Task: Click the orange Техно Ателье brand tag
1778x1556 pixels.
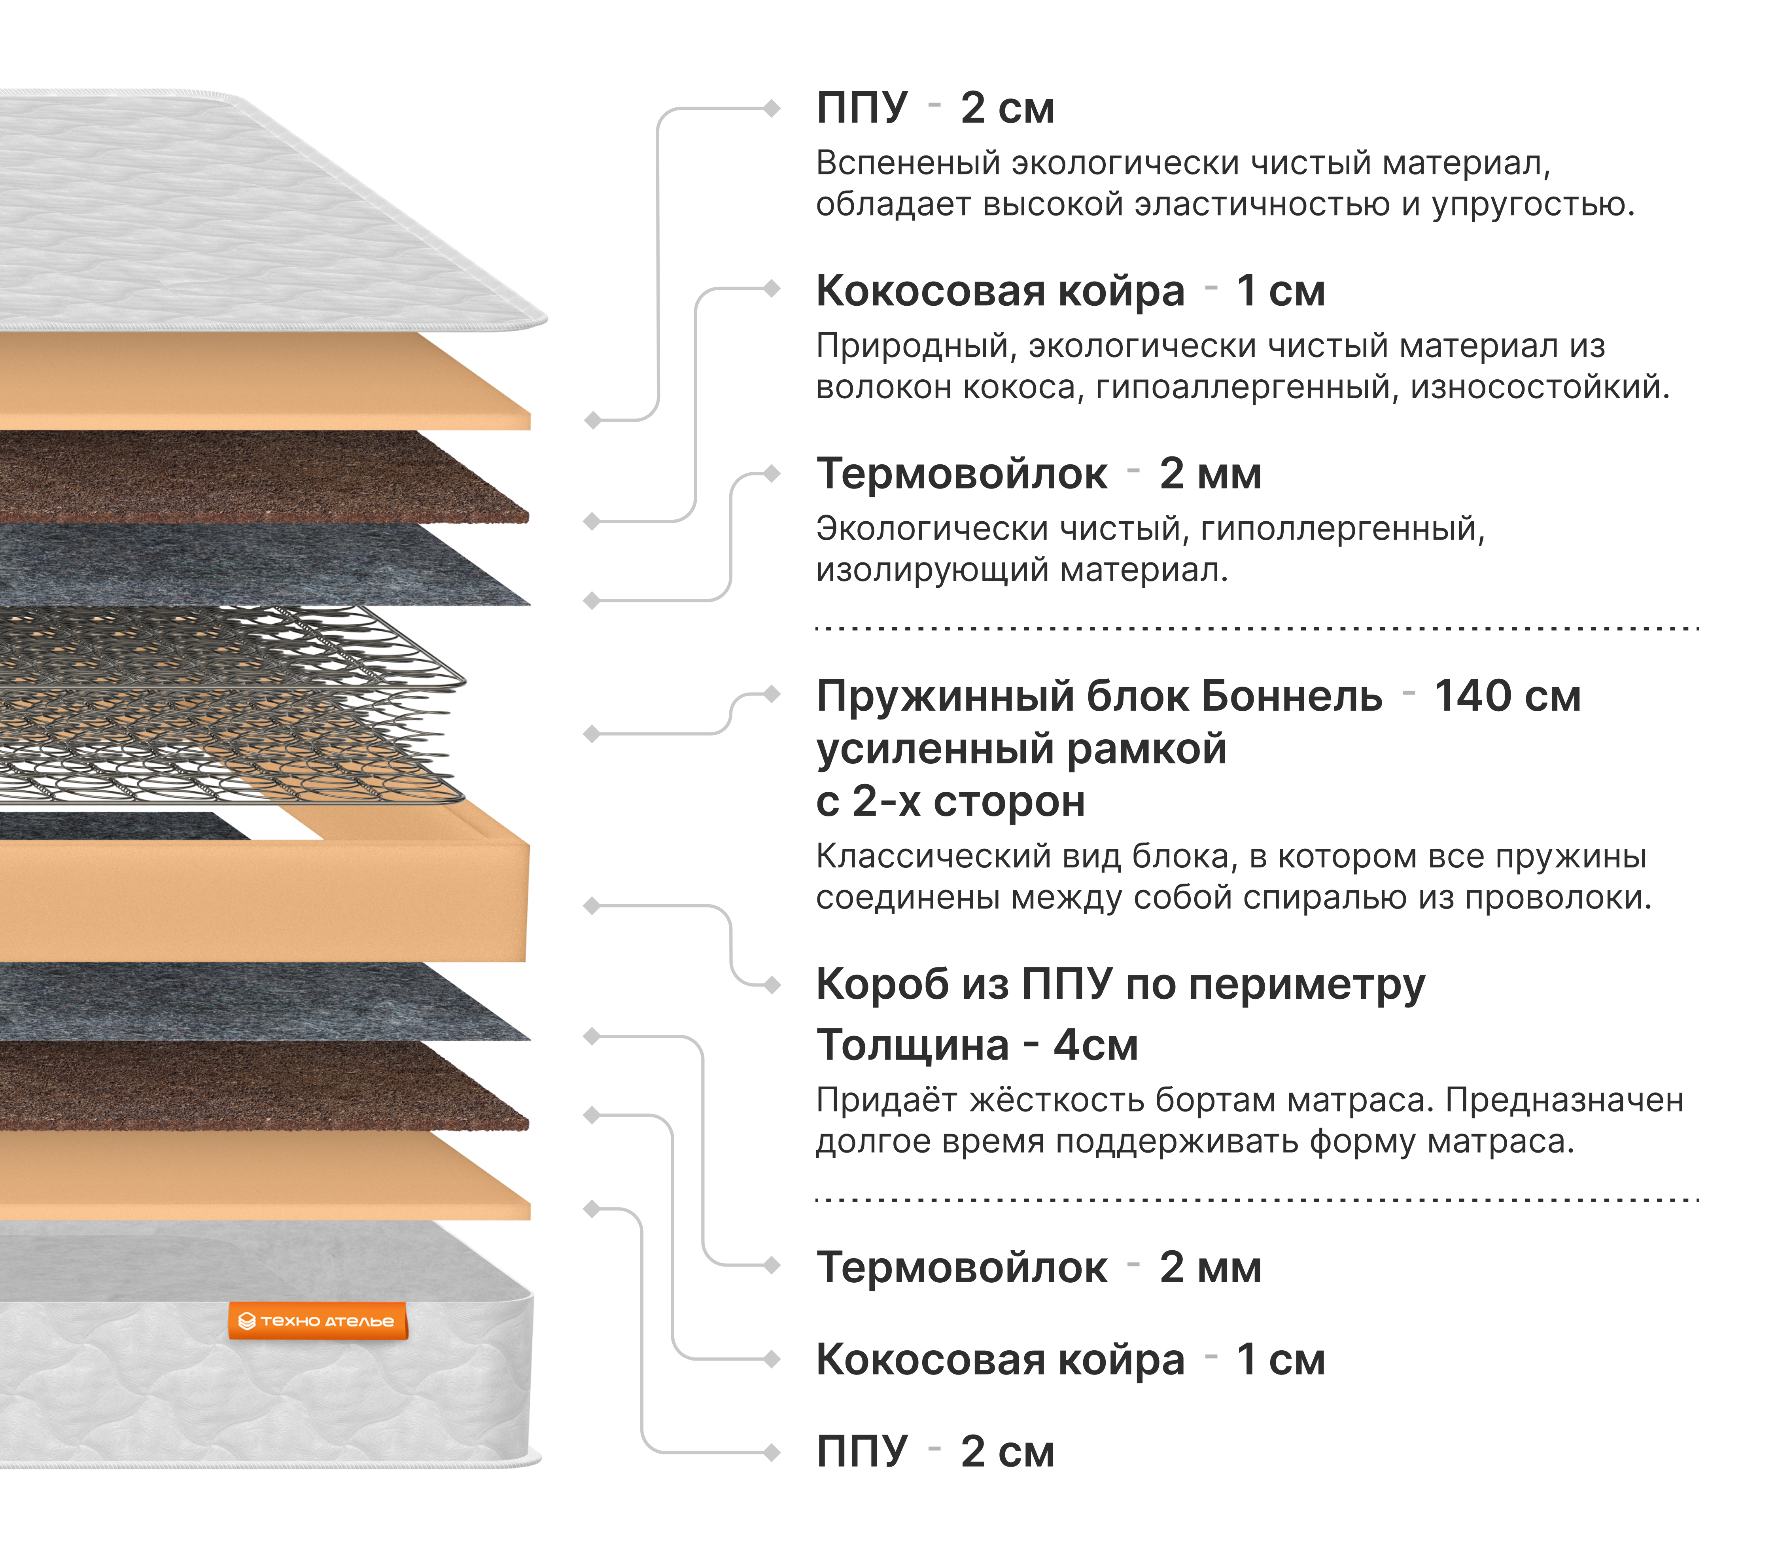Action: point(317,1321)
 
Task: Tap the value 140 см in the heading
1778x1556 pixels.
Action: point(1507,697)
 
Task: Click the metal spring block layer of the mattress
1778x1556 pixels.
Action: point(217,703)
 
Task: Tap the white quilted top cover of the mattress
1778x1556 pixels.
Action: point(217,208)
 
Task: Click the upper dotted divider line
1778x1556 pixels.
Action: point(1256,628)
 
